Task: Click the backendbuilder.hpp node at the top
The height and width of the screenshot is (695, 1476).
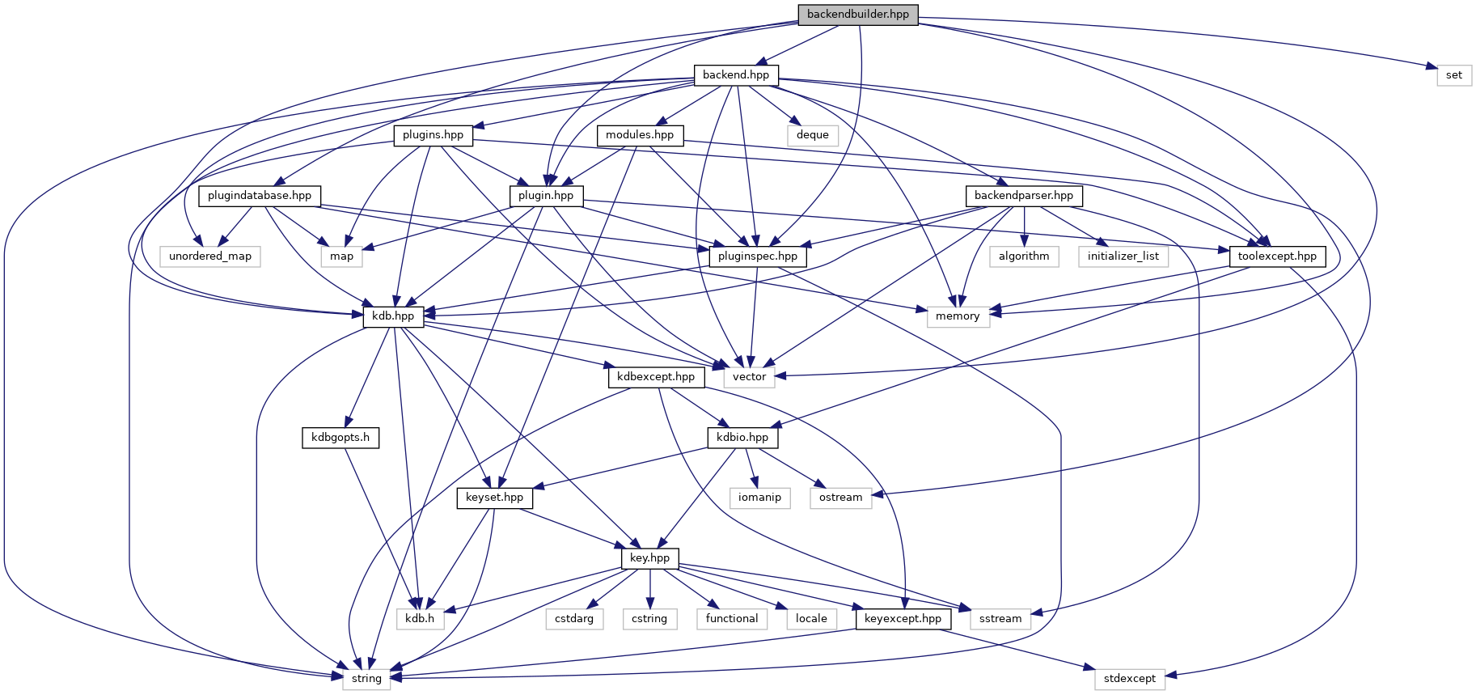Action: click(x=857, y=15)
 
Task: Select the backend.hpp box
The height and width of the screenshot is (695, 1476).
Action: click(x=736, y=75)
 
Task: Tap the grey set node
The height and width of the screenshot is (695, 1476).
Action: click(x=1453, y=75)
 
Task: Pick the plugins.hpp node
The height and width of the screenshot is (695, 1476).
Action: click(x=433, y=135)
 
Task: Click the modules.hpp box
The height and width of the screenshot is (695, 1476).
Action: click(x=640, y=135)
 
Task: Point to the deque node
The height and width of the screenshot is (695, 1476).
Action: click(x=812, y=135)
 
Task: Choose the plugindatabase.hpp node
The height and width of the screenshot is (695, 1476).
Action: click(x=260, y=196)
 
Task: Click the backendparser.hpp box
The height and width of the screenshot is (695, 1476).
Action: click(x=1023, y=196)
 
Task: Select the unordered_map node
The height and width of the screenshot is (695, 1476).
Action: click(x=210, y=256)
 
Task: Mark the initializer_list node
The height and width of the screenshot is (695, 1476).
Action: click(x=1123, y=256)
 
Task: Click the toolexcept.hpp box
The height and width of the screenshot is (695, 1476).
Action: click(x=1277, y=256)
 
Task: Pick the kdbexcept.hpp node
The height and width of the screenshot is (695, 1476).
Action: click(x=656, y=377)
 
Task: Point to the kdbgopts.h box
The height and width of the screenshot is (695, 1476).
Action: click(x=340, y=438)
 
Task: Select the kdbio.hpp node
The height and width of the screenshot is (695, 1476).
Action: click(x=742, y=438)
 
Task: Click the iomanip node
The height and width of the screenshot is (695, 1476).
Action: click(x=759, y=498)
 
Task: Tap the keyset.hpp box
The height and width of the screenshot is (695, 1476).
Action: click(x=494, y=498)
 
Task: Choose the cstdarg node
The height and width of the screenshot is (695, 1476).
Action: click(x=574, y=619)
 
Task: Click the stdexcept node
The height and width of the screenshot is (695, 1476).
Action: click(x=1130, y=679)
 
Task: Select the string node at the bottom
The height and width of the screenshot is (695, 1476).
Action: click(x=366, y=679)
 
